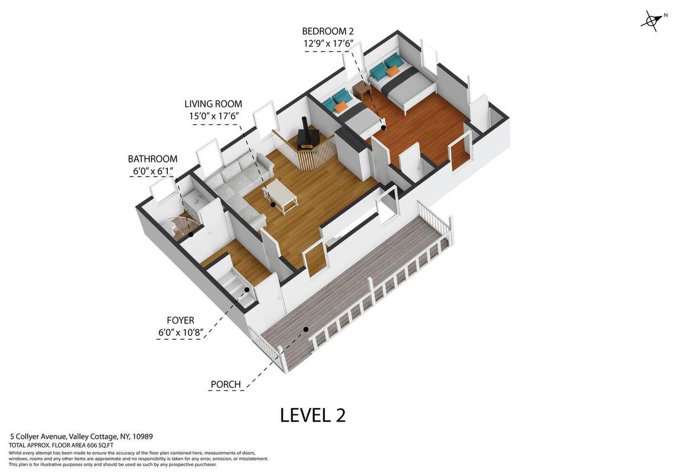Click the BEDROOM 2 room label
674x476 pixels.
point(328,31)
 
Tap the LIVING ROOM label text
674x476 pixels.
point(213,104)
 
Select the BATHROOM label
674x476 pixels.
point(152,159)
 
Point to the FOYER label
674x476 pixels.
point(181,320)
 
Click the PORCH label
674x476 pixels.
point(226,385)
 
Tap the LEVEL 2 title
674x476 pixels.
point(313,415)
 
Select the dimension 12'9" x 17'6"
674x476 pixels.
point(328,43)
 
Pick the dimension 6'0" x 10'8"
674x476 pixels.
point(181,332)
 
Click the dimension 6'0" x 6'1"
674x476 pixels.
point(152,171)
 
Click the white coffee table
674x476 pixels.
point(280,196)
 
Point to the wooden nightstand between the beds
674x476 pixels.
point(362,90)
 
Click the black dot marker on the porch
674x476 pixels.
point(306,330)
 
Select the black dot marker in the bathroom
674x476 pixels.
point(190,234)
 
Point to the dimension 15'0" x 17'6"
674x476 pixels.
point(213,116)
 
